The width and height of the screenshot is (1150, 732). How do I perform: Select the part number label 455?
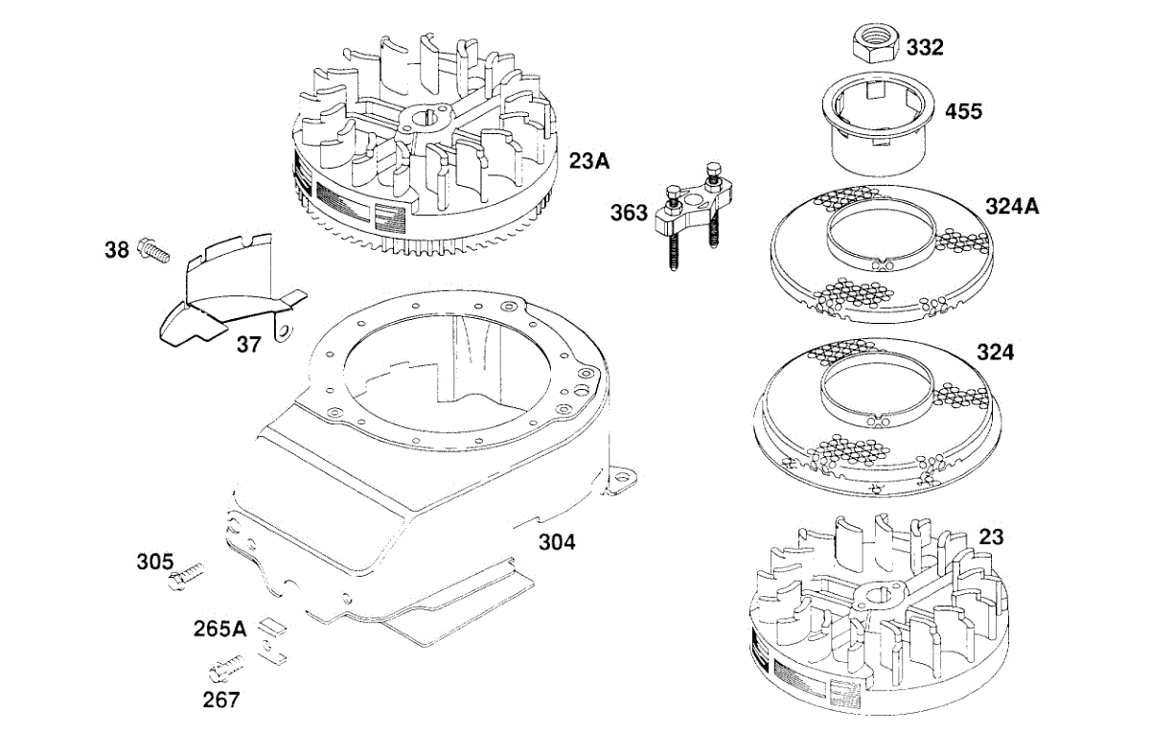click(963, 111)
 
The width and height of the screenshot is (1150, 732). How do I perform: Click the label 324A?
click(1013, 206)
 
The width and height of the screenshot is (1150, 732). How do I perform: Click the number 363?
click(630, 212)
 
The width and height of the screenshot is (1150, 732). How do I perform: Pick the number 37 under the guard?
click(248, 344)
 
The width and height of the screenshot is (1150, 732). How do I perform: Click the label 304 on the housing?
click(557, 542)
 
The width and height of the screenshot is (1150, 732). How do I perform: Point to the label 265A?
click(218, 629)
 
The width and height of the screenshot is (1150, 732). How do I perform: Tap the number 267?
click(221, 699)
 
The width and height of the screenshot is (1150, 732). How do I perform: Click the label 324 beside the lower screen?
click(995, 353)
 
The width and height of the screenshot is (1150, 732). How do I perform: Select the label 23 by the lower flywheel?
click(992, 538)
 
